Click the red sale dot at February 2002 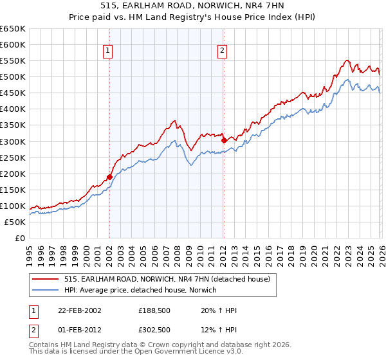pos(109,177)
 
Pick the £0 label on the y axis pos(19,238)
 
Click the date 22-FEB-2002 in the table pos(78,310)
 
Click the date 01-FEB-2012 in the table pos(78,329)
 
